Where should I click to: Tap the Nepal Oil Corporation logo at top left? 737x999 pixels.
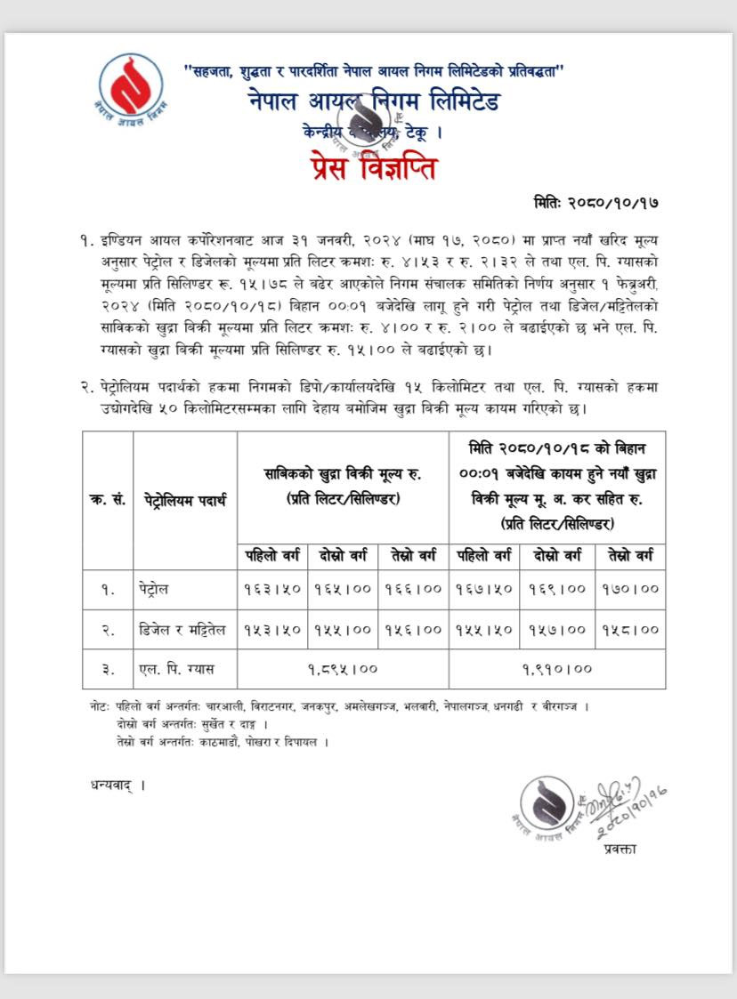coord(132,86)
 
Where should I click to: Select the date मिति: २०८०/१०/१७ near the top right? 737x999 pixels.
coord(596,203)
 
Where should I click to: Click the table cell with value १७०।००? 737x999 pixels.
coord(630,589)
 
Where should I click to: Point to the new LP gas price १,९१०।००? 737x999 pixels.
coord(557,669)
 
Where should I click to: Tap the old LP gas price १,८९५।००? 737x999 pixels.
coord(343,669)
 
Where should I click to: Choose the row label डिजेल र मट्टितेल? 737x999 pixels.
coord(184,629)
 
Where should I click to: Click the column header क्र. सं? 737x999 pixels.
coord(107,500)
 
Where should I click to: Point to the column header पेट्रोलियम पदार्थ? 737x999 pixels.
coord(184,500)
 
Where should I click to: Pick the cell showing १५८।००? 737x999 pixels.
coord(630,629)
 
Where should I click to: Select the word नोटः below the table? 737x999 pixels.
coord(100,706)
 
